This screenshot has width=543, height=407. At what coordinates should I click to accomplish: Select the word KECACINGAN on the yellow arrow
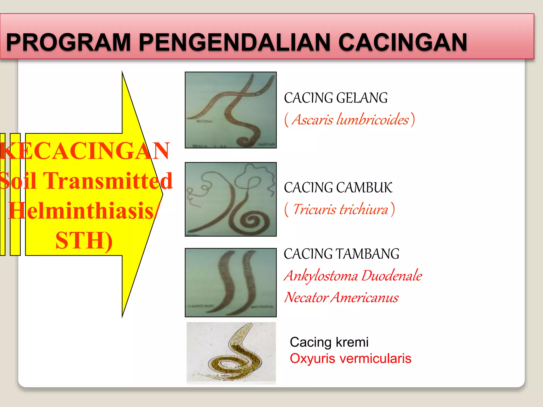click(x=84, y=151)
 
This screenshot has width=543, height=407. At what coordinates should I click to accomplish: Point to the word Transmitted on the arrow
click(x=108, y=181)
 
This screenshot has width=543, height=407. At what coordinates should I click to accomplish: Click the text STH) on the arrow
click(x=84, y=241)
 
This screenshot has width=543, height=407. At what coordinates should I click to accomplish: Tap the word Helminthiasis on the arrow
click(x=81, y=211)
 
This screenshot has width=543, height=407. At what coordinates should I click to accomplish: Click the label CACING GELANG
click(x=336, y=98)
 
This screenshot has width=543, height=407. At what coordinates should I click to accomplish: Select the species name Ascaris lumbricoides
click(x=350, y=120)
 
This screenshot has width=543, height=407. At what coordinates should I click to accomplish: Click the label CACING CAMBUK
click(x=338, y=188)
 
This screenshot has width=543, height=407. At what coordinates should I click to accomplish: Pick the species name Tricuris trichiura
click(x=340, y=209)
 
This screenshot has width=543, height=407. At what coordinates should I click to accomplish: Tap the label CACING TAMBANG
click(x=341, y=254)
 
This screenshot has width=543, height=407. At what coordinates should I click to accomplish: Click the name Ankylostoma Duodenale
click(x=353, y=276)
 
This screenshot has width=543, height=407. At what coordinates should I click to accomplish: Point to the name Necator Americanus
click(x=341, y=297)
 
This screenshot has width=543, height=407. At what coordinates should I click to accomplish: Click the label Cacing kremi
click(x=329, y=342)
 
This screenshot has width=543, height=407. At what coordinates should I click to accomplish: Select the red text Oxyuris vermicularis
click(x=351, y=359)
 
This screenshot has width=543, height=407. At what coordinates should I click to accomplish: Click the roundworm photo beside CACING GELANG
click(x=231, y=110)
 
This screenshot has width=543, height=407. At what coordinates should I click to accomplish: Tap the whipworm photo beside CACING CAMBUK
click(x=231, y=199)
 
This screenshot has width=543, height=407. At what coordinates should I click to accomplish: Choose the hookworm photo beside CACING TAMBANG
click(x=231, y=282)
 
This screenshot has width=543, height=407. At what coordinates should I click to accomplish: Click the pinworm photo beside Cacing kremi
click(x=231, y=353)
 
